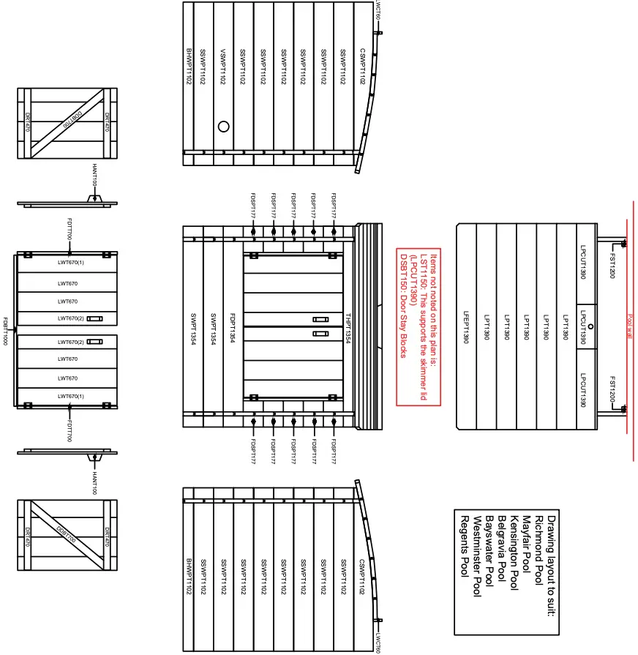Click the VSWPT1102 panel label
223,67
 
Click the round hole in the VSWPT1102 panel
224,126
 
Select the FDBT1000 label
6,332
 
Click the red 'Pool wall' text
629,326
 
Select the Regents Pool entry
464,545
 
